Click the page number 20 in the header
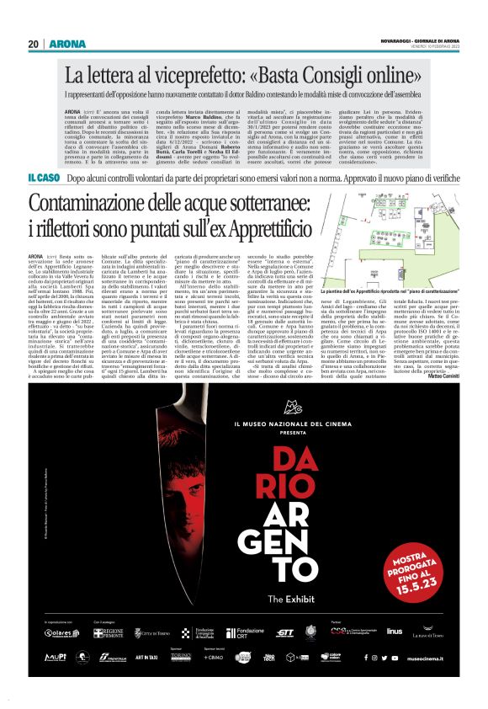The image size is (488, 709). [x=34, y=44]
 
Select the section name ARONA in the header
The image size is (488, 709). [x=64, y=44]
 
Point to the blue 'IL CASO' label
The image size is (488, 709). [x=43, y=179]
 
